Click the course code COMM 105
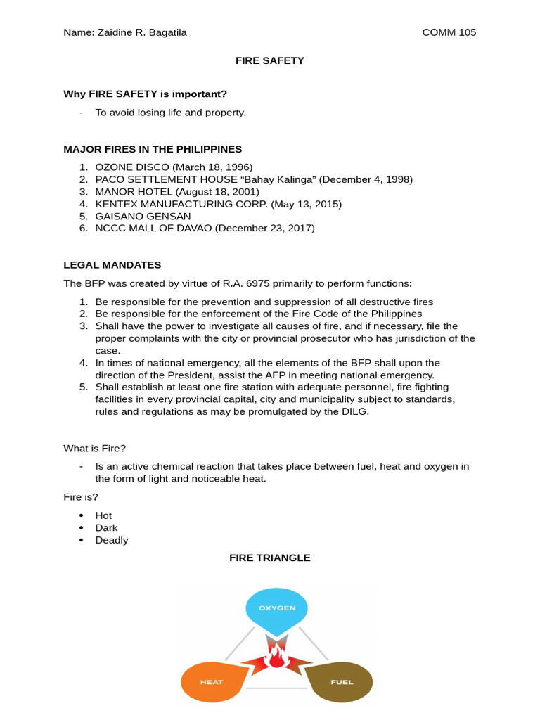pos(449,32)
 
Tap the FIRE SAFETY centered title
pos(269,60)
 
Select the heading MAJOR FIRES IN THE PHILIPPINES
pos(153,149)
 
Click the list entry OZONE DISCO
pos(132,167)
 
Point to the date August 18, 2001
pos(217,192)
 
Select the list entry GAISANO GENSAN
pos(143,217)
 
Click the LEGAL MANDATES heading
pos(112,265)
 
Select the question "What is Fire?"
pos(94,448)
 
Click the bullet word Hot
pos(103,515)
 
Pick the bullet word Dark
pos(106,527)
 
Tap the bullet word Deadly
pos(112,540)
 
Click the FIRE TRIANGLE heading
pos(269,558)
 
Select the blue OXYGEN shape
pos(276,608)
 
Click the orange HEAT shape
pos(212,681)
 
